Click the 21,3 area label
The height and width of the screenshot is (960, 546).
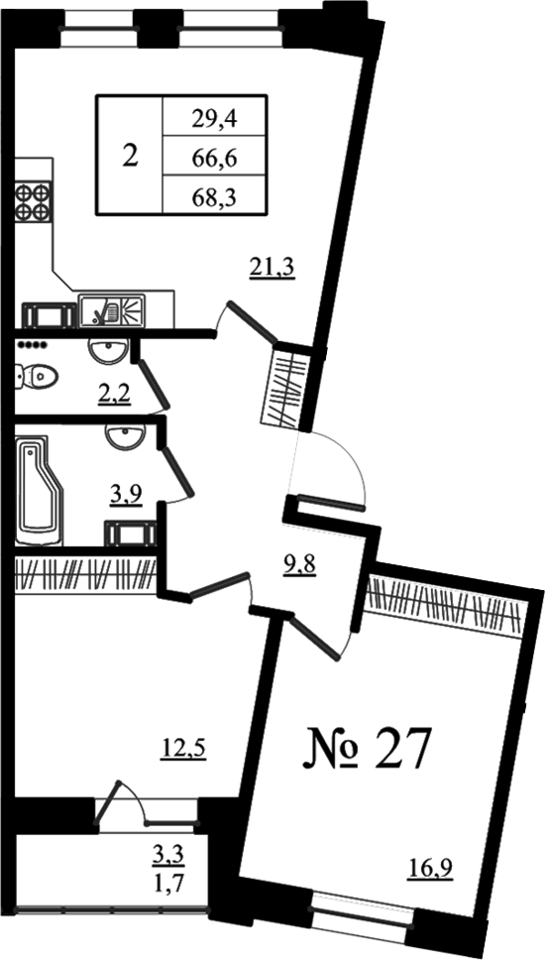pos(273,268)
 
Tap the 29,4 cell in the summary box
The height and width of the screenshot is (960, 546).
pos(214,118)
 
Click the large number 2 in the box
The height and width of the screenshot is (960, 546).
pos(130,156)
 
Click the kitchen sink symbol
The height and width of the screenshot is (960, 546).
pos(112,310)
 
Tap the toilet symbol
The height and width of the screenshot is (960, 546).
pos(36,376)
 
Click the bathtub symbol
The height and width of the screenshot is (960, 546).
pos(39,489)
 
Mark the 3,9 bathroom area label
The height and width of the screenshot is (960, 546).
pos(127,494)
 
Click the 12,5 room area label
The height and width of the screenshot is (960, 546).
pos(183,748)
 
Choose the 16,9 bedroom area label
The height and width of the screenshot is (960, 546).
pos(430,868)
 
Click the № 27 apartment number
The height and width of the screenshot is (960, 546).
pos(364,748)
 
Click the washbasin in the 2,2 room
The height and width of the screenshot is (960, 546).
pos(108,351)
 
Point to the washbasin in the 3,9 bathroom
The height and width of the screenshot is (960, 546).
pos(125,436)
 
